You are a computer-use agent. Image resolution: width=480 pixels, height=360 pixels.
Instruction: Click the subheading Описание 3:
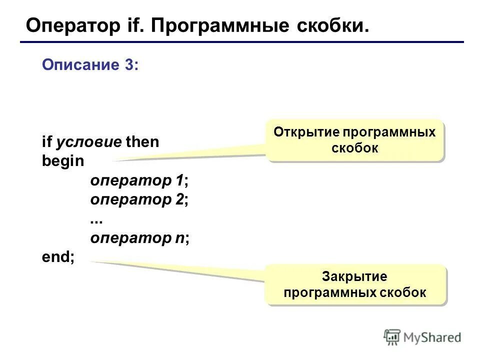coord(90,65)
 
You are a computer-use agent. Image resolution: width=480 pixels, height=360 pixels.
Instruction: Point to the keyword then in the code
coord(142,142)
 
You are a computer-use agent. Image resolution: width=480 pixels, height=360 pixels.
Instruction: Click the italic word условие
coord(88,142)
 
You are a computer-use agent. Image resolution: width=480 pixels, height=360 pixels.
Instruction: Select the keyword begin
coord(63,161)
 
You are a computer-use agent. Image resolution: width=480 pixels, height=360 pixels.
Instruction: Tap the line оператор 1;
coord(139,180)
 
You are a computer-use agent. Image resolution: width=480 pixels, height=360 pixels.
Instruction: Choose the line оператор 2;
coord(139,200)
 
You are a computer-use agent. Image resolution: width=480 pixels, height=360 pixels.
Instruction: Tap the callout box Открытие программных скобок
coord(354,140)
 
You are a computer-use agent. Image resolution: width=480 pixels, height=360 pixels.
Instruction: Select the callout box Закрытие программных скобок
coord(354,284)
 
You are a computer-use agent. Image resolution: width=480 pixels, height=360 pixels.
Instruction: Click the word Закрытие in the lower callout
coord(354,276)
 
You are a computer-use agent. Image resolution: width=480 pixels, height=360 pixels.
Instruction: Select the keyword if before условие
coord(46,142)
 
